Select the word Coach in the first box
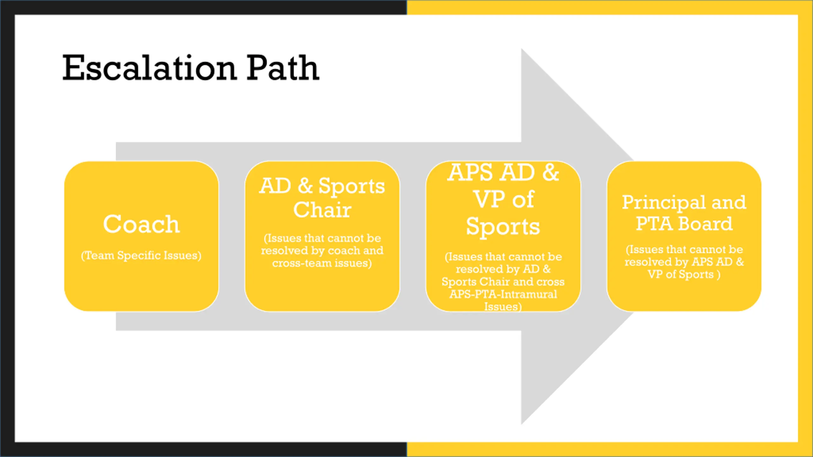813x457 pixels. coord(141,224)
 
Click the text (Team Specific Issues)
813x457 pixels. coord(141,255)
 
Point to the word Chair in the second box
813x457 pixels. coord(322,210)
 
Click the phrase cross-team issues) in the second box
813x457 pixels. coord(322,263)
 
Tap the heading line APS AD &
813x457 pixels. coord(503,173)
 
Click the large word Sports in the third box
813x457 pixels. coord(503,227)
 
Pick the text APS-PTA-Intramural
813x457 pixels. coord(503,294)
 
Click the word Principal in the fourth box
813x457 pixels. coord(662,202)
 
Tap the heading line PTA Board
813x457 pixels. coord(684,224)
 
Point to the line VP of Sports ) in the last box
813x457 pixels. coord(684,275)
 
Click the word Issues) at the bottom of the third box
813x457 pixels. coord(503,307)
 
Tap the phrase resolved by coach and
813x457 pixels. coord(322,251)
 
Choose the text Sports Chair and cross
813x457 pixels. coord(503,282)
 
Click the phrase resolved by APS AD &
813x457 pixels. coord(684,262)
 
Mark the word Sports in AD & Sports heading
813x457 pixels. coord(352,186)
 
